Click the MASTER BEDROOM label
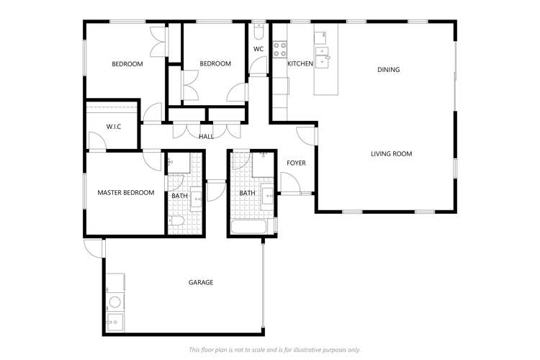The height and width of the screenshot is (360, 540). [126, 192]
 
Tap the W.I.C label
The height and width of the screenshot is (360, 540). [113, 127]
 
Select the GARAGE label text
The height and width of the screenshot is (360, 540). [201, 282]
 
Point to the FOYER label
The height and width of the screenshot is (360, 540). [296, 163]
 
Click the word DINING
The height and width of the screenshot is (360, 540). [388, 70]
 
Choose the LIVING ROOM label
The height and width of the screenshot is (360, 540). [391, 153]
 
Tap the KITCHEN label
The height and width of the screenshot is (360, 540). [300, 64]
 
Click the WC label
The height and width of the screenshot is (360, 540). [258, 49]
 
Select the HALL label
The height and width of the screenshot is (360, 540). [206, 136]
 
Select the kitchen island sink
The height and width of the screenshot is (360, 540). [323, 55]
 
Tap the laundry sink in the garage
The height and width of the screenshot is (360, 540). [114, 322]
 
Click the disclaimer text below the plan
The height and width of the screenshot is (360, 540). [274, 349]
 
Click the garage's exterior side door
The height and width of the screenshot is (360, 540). [93, 248]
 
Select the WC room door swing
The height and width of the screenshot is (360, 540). [257, 66]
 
